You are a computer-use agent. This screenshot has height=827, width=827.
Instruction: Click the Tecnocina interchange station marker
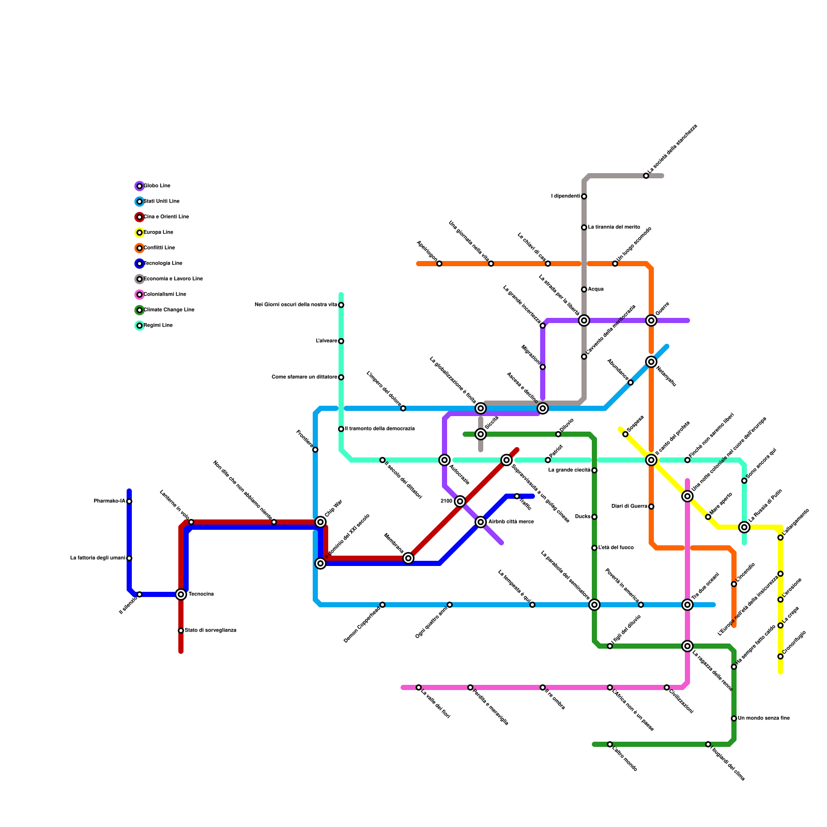tap(181, 594)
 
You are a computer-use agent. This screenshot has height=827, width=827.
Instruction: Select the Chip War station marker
tap(320, 522)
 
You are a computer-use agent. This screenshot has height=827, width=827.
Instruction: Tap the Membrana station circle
tap(408, 558)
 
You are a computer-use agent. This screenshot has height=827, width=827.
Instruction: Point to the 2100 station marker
tap(460, 501)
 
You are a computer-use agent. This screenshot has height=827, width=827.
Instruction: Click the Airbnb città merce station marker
tap(481, 522)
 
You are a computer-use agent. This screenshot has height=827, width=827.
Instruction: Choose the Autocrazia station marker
tap(445, 460)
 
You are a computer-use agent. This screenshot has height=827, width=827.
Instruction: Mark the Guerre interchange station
tap(651, 320)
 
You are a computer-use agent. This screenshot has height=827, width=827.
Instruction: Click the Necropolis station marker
tap(651, 362)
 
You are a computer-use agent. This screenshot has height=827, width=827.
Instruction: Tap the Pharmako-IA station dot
tap(129, 501)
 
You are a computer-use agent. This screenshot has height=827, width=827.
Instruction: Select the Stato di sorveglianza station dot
tap(181, 631)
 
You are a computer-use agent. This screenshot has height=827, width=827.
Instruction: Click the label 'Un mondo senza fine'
tap(763, 718)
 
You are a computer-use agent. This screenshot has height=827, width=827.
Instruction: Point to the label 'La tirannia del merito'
tap(614, 227)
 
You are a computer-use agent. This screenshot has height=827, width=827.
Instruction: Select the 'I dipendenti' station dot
tap(584, 196)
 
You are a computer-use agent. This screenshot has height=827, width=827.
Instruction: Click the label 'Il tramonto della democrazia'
tap(379, 429)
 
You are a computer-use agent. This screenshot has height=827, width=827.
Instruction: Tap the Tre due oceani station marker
tap(687, 605)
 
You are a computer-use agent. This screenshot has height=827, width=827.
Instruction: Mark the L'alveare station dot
tap(341, 341)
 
